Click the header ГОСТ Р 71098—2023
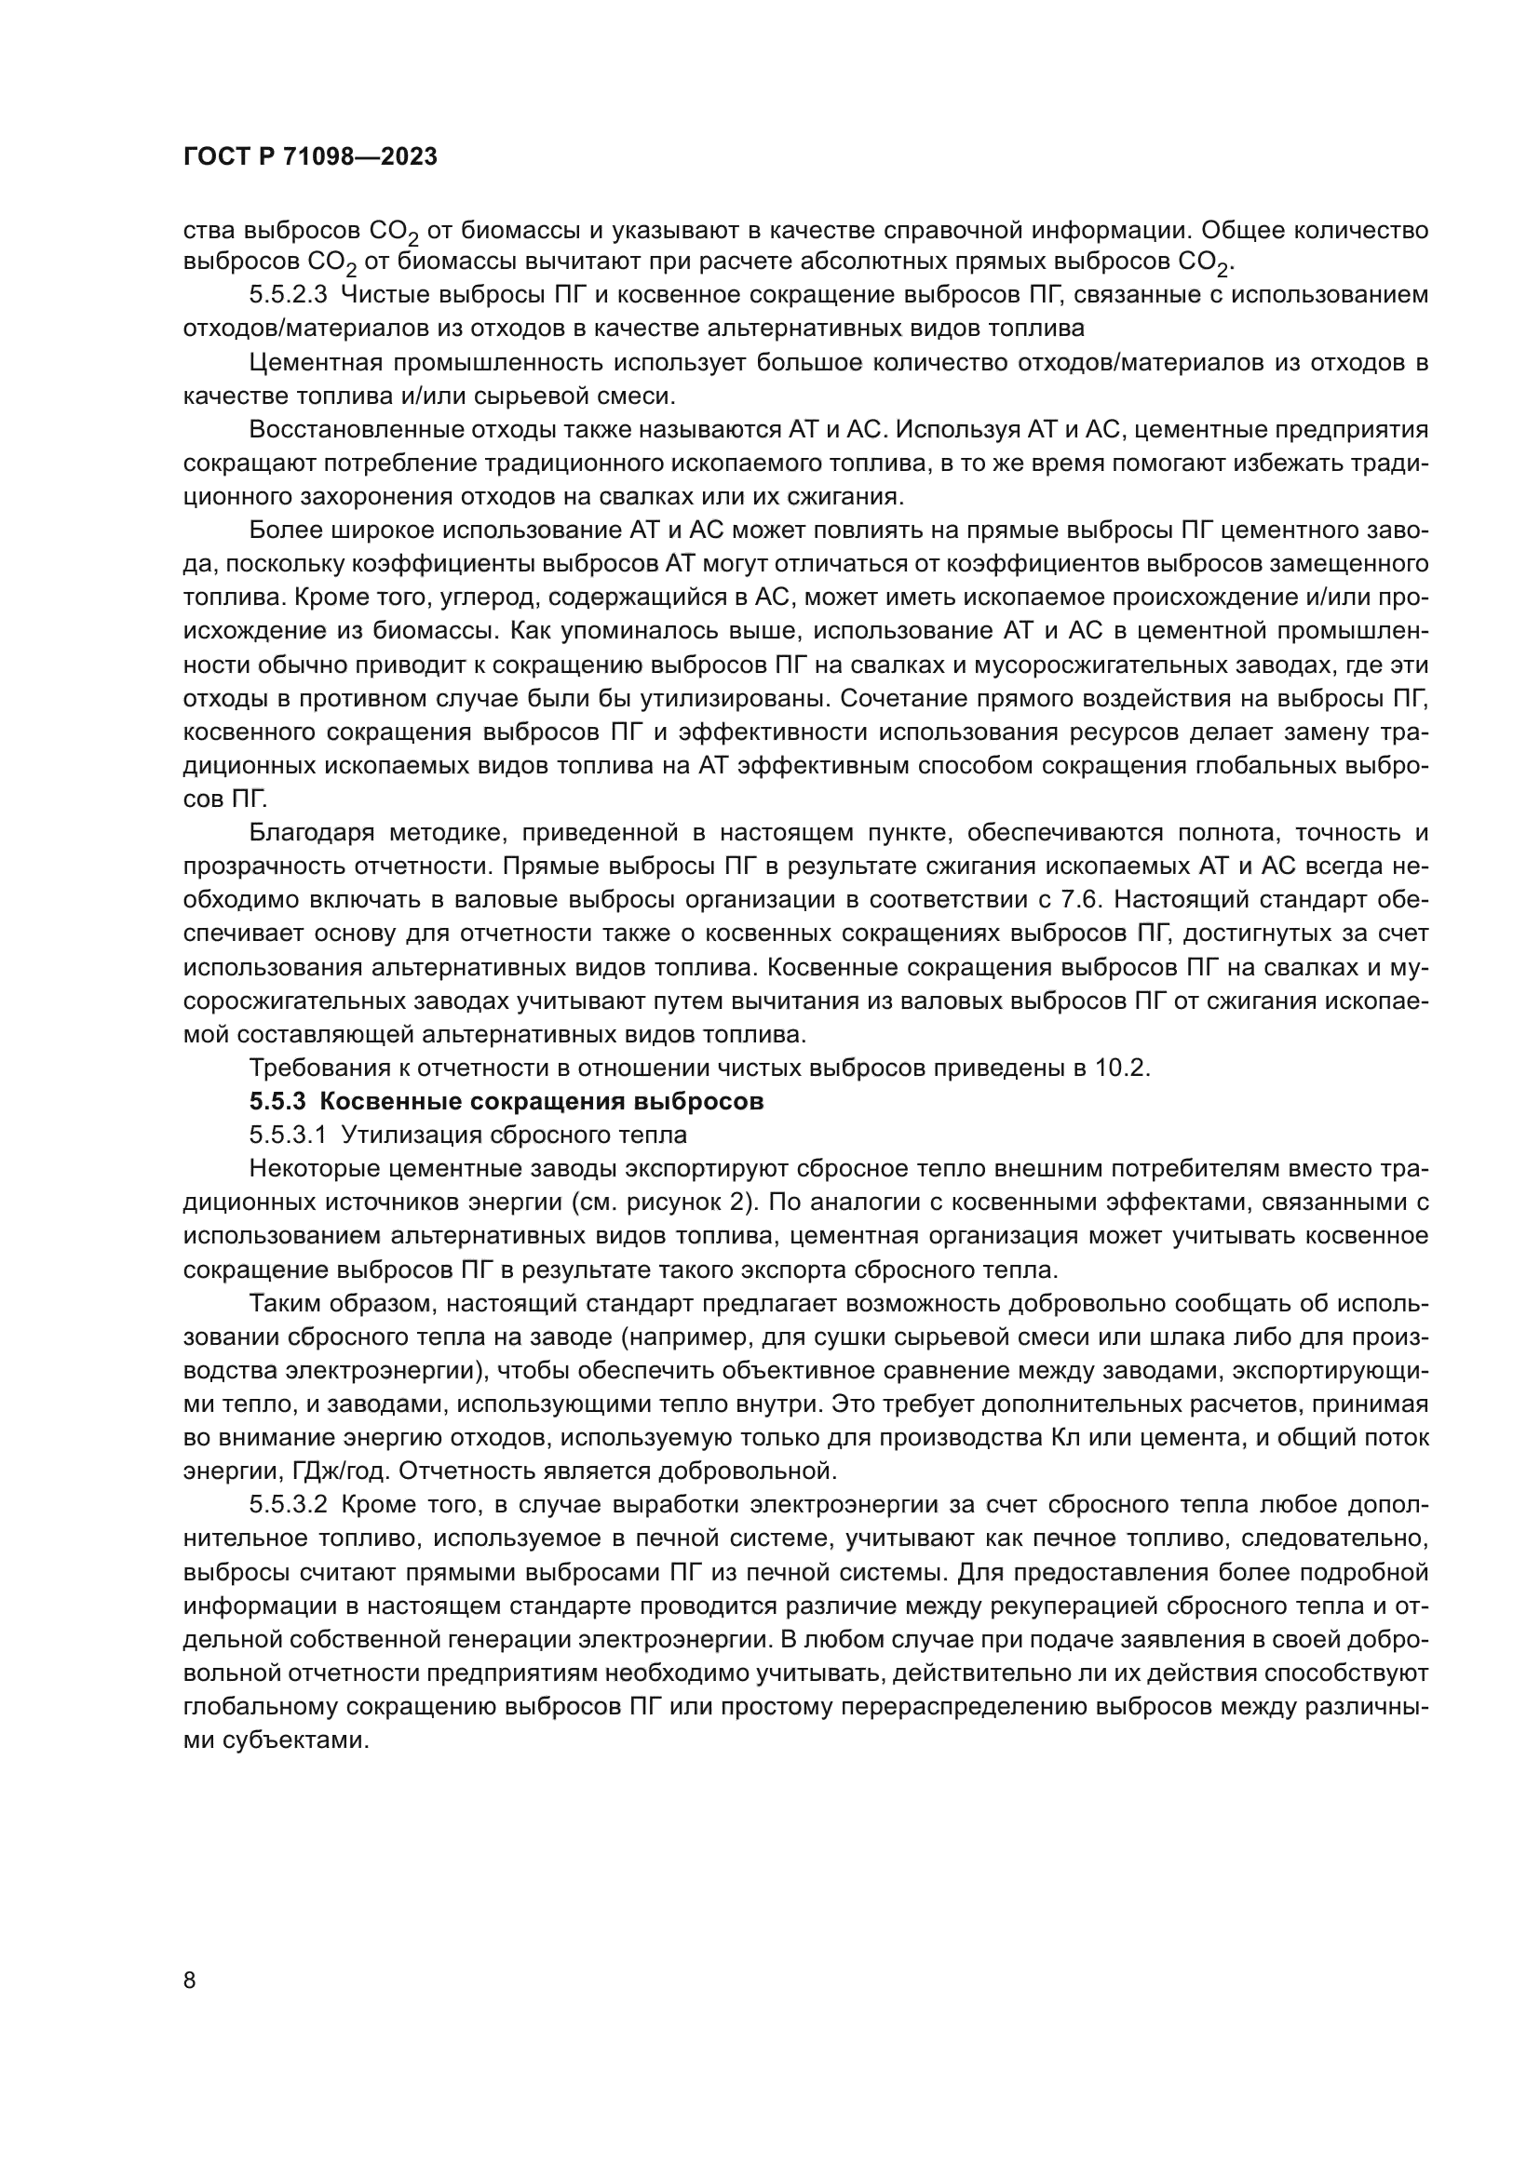tap(310, 157)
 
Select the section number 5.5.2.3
tap(289, 295)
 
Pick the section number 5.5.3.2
tap(289, 1505)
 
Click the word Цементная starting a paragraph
tap(313, 362)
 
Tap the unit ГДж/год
tap(227, 1471)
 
